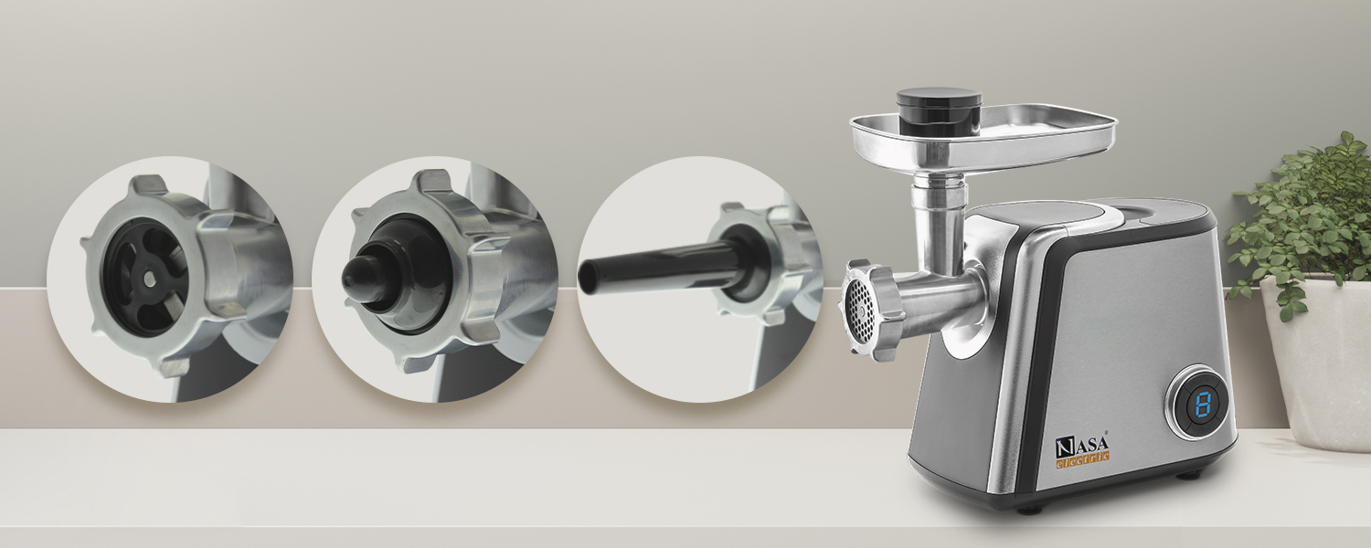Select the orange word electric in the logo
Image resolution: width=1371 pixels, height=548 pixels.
click(1082, 459)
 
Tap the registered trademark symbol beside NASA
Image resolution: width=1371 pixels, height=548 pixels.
click(1109, 436)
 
